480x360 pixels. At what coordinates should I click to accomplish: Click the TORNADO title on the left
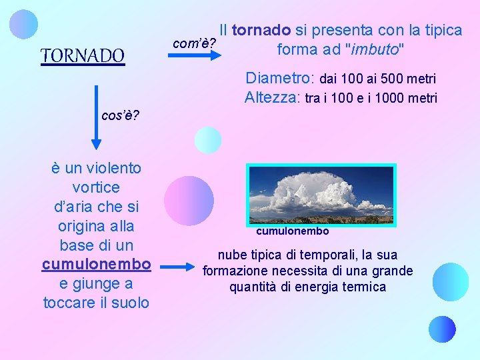(x=83, y=55)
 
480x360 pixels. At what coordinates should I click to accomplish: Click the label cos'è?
(x=120, y=115)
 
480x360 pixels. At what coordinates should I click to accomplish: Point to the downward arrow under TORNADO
(x=97, y=116)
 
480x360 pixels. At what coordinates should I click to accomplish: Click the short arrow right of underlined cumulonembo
(x=176, y=267)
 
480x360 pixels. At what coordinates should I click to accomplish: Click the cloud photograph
(x=321, y=194)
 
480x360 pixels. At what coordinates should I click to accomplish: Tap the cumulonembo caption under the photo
(x=292, y=231)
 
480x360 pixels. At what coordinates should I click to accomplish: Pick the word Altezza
(x=272, y=97)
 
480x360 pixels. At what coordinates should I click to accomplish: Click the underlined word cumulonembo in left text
(x=97, y=264)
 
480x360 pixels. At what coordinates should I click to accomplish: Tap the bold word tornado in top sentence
(x=261, y=30)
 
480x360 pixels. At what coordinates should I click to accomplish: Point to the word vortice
(x=97, y=187)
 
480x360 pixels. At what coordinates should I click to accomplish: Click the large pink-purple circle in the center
(x=189, y=201)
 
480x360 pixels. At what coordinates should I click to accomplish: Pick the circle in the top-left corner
(x=25, y=24)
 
